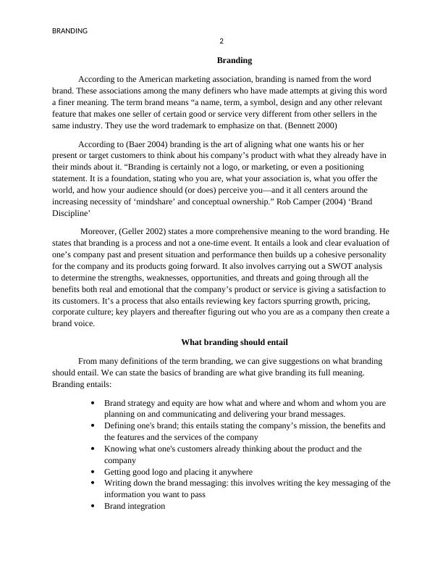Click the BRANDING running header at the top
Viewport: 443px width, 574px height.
tap(70, 31)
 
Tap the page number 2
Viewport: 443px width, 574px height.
tap(221, 41)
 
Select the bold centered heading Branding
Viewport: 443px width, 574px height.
tap(235, 61)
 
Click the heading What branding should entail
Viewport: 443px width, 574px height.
tap(235, 341)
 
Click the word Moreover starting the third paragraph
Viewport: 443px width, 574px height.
tap(99, 231)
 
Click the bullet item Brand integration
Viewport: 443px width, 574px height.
tap(135, 506)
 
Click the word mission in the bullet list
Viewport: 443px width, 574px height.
tap(304, 425)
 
